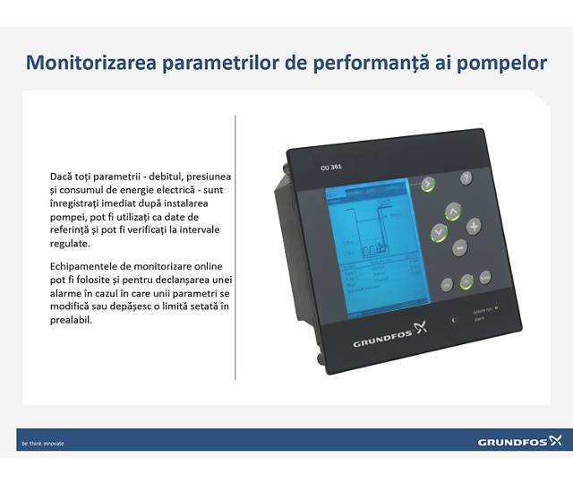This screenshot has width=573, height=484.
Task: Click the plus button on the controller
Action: (474, 225)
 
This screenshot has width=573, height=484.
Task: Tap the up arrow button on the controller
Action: (452, 212)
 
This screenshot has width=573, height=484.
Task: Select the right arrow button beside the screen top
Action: (428, 184)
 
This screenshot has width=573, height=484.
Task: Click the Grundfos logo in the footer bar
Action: (518, 442)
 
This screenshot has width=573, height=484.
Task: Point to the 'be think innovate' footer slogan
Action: (43, 443)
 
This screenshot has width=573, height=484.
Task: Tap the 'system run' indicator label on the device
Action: (482, 310)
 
